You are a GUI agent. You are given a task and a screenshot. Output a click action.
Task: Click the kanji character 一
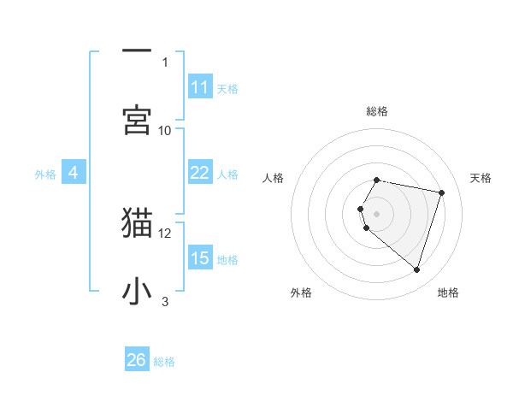point(137,50)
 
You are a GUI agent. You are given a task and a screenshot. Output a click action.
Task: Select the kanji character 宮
point(137,119)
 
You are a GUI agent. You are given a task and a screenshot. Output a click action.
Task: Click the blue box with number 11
point(200,87)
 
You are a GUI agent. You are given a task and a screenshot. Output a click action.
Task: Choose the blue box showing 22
point(200,173)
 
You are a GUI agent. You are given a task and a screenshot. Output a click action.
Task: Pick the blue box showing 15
point(200,258)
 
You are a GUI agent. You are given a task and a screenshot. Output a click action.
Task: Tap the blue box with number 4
point(74,173)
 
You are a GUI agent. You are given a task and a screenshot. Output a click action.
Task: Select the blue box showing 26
point(137,360)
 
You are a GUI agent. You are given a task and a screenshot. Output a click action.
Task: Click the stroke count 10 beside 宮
point(165,130)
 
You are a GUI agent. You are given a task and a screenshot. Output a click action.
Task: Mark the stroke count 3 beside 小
point(165,301)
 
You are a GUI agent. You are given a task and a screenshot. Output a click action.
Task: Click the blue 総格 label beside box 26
point(164,362)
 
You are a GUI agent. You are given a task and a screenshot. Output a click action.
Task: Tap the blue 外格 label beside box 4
point(45,174)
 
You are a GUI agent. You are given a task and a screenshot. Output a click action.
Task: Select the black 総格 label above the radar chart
point(377,111)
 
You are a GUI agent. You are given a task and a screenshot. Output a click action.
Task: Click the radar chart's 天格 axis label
point(481,178)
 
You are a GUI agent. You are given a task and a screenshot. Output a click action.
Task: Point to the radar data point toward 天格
point(441,192)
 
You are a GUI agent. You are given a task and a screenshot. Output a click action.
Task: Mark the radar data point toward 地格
point(416,270)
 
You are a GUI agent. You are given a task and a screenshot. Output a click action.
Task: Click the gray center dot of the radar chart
point(377,213)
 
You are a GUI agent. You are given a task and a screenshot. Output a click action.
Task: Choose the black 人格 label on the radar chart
point(274,178)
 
